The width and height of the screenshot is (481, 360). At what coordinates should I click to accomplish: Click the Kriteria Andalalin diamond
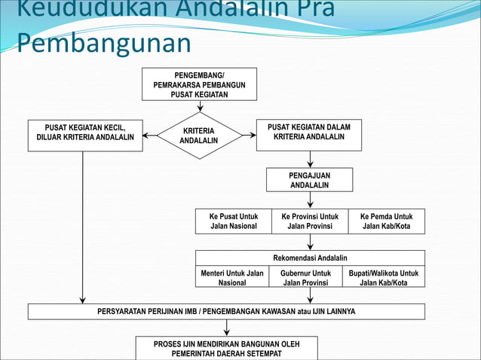coord(199,136)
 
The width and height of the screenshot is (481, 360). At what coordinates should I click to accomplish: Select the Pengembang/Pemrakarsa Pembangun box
coord(199,84)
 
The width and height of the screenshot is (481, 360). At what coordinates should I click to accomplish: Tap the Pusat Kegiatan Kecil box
coord(85,135)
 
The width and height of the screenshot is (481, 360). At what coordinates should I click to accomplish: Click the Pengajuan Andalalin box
coord(309,180)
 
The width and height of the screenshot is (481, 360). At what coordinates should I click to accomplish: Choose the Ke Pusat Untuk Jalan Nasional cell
coord(234,221)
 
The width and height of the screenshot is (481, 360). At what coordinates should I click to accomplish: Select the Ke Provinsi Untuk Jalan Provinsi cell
coord(310,221)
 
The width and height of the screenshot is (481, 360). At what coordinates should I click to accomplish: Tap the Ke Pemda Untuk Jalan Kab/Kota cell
coord(386,221)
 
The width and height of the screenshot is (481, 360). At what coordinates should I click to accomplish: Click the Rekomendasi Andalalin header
coord(310,258)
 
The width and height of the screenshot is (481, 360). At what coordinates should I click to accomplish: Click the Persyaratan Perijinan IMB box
coord(226,311)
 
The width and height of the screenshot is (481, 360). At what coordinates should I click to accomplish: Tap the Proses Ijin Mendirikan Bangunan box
coord(226,348)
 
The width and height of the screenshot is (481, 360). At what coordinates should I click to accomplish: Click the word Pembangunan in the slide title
coord(104,43)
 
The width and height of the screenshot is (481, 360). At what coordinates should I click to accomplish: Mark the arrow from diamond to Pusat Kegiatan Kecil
coord(150,136)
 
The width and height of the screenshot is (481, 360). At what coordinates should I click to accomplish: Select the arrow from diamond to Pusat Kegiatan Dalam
coord(249,136)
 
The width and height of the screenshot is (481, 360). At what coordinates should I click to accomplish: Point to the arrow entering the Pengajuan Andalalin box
coord(310,160)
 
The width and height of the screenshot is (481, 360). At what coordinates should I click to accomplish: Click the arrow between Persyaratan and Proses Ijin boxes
coord(226,328)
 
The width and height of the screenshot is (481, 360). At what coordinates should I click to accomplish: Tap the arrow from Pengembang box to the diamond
coord(200,106)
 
